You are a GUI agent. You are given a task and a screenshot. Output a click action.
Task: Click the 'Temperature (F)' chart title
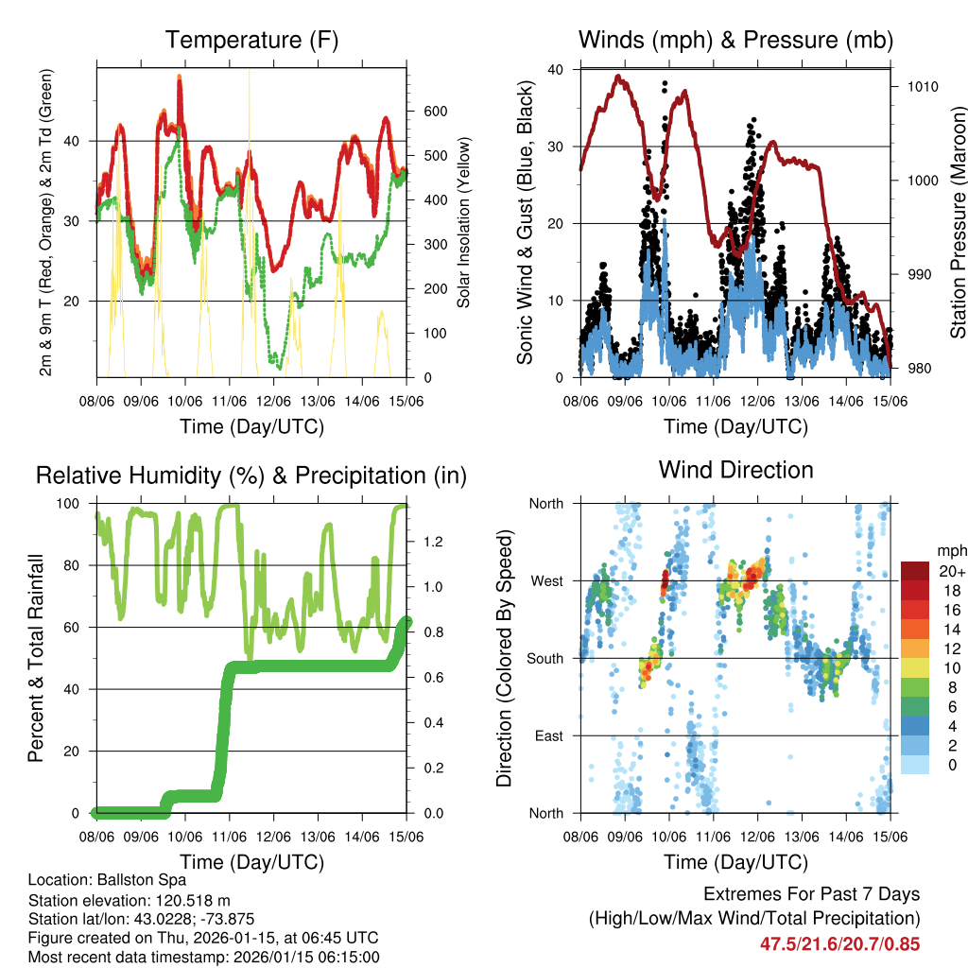[251, 41]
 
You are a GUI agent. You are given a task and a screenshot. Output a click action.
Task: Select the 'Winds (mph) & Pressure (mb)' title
[735, 41]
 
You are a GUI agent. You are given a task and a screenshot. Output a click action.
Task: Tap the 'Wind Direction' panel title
[735, 470]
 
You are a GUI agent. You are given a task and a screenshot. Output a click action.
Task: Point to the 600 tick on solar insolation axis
[435, 111]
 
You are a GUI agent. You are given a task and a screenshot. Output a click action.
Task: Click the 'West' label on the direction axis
[545, 580]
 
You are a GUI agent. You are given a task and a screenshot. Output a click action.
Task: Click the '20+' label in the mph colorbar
[951, 571]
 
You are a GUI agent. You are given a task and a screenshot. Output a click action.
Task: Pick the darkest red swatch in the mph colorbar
[914, 571]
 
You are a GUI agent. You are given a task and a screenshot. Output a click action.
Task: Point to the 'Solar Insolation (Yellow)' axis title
[463, 224]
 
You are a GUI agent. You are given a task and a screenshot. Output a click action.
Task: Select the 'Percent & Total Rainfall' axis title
[36, 658]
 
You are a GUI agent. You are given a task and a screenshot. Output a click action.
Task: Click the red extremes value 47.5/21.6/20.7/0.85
[839, 943]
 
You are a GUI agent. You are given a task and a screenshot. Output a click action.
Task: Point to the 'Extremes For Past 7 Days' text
[811, 894]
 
